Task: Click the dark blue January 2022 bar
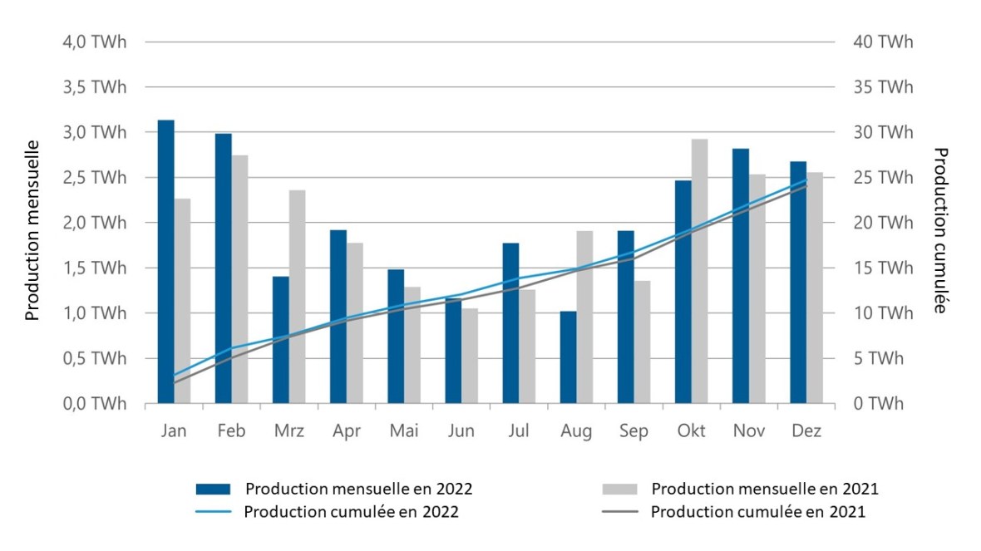pyautogui.click(x=166, y=262)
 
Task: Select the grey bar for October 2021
pyautogui.click(x=700, y=271)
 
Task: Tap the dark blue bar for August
pyautogui.click(x=568, y=357)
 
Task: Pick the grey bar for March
pyautogui.click(x=297, y=297)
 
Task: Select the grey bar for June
pyautogui.click(x=470, y=356)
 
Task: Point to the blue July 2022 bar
pyautogui.click(x=510, y=323)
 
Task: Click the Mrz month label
pyautogui.click(x=288, y=431)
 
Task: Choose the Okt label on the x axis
pyautogui.click(x=692, y=431)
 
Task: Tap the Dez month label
pyautogui.click(x=806, y=431)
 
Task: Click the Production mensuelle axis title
pyautogui.click(x=32, y=230)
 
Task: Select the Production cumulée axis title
pyautogui.click(x=941, y=230)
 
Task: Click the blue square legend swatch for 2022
pyautogui.click(x=214, y=489)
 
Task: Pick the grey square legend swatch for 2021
pyautogui.click(x=619, y=489)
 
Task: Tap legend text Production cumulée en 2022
pyautogui.click(x=351, y=512)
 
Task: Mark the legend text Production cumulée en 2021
pyautogui.click(x=757, y=512)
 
